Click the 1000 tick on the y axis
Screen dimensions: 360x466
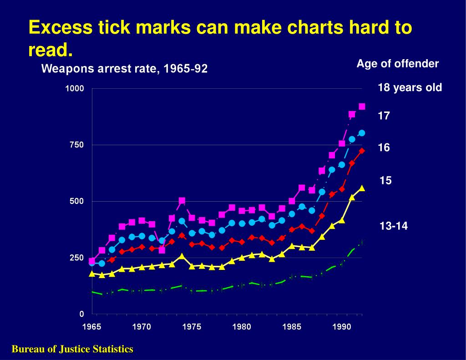coord(75,89)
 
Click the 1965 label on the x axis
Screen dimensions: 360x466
coord(92,326)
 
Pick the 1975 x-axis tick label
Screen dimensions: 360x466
coord(192,326)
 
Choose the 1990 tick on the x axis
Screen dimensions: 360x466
coord(342,326)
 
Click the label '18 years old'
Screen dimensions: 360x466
coord(410,88)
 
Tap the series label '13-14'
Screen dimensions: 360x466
coord(394,225)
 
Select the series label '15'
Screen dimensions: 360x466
coord(385,181)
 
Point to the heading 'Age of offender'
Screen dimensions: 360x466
coord(397,64)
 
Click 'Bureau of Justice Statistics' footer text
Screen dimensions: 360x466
coord(72,349)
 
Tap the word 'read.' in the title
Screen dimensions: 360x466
coord(50,50)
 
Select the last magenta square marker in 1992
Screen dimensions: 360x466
coord(362,106)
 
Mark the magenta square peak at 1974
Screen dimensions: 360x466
coord(182,201)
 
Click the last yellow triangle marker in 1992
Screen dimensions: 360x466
coord(362,188)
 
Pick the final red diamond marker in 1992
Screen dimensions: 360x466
coord(362,151)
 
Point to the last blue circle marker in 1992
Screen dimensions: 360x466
coord(362,133)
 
